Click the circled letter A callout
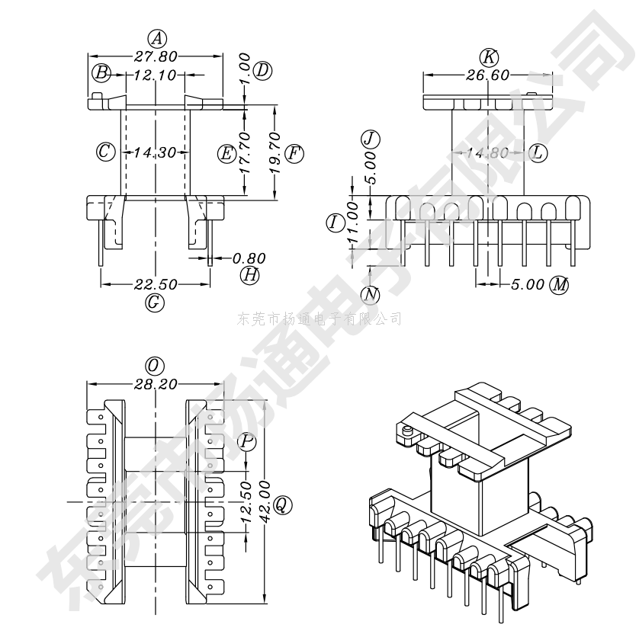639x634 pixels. pos(156,38)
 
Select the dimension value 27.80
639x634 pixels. pos(156,56)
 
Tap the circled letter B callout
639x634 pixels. pos(101,73)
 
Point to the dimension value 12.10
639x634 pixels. pos(155,75)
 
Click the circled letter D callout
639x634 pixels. pos(262,71)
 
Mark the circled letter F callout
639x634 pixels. pos(294,154)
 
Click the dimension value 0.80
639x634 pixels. pos(249,258)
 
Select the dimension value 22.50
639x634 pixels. pos(156,284)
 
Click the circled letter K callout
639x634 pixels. pos(489,56)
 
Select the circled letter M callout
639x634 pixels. pos(560,285)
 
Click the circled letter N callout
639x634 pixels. pos(371,294)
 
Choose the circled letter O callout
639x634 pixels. pos(156,367)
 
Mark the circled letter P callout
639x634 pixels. pos(247,441)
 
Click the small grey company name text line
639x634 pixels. pos(319,319)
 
